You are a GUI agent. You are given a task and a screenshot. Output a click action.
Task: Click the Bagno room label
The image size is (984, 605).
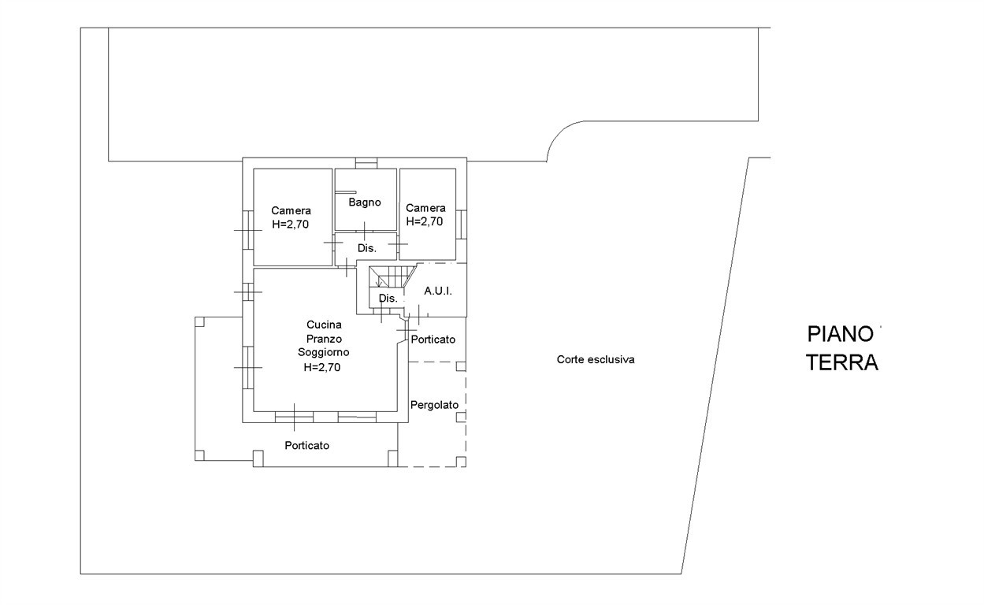coord(365,202)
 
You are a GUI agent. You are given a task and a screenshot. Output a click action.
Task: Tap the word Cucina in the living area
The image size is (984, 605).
coord(324,325)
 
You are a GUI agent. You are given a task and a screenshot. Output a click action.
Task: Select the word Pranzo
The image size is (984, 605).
coord(324,339)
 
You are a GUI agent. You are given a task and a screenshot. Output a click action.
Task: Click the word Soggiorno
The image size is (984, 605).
coord(324,352)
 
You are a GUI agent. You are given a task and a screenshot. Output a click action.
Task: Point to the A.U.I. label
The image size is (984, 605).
coord(437,291)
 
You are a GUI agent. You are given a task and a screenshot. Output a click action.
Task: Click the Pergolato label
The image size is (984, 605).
coord(434,405)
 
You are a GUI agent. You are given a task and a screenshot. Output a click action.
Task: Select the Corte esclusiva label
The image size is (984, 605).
coord(596,360)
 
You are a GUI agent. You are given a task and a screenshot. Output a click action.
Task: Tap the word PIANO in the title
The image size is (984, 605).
coord(841,335)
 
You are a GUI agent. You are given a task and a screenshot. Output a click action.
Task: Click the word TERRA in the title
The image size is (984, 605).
coord(842,363)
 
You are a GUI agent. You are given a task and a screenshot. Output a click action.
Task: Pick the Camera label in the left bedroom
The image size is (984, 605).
coord(291,210)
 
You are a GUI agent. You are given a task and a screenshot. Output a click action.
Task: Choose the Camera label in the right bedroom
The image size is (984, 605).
coord(425,208)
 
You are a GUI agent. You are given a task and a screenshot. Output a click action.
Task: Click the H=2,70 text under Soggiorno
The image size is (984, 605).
coord(321,366)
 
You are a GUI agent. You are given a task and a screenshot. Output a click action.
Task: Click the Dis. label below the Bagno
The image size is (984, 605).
coord(367,248)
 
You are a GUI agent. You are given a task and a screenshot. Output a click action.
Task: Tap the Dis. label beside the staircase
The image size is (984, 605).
coord(388,299)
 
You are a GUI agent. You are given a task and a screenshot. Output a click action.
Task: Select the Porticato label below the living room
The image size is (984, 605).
coord(307,446)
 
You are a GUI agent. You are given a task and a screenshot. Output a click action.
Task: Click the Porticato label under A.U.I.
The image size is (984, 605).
coord(433,340)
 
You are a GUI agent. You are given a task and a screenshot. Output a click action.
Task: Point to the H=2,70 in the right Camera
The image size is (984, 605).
coord(425,221)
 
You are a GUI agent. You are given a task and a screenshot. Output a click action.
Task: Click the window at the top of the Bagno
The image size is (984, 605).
coord(366,164)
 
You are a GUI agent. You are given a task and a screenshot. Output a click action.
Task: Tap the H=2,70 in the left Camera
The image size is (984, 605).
coord(291,224)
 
